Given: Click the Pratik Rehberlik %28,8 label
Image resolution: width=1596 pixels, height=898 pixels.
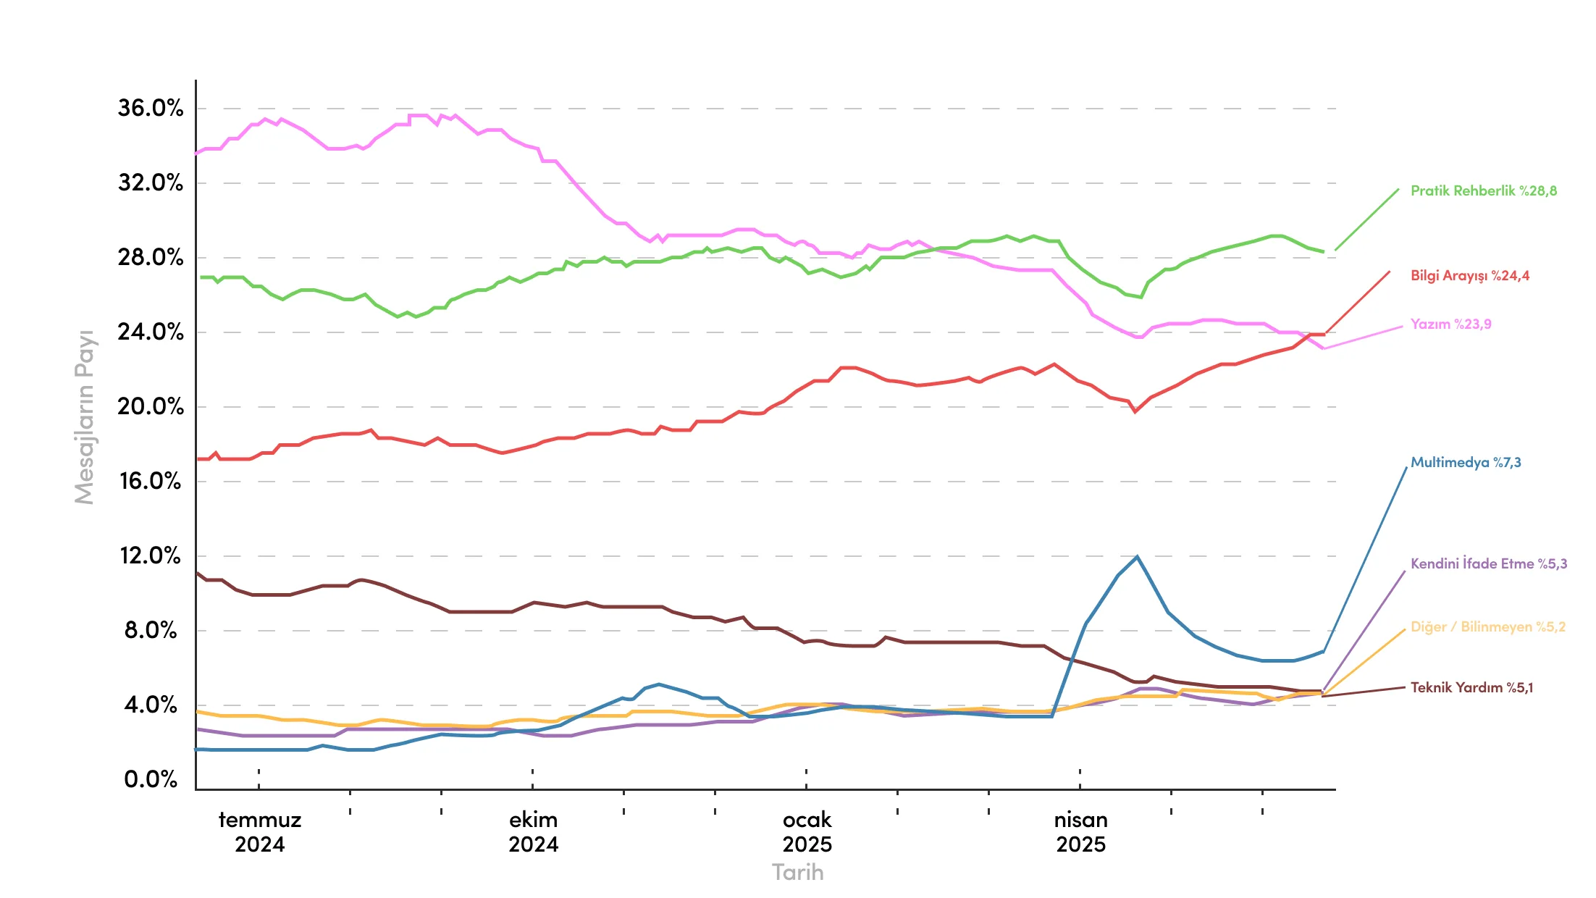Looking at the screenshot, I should [1483, 191].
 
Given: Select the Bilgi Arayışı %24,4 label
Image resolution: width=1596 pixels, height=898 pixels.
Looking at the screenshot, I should [1469, 276].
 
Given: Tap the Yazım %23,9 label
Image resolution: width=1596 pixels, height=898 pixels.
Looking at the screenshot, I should [1450, 324].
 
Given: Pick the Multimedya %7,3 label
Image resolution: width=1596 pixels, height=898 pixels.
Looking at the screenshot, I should [1466, 463].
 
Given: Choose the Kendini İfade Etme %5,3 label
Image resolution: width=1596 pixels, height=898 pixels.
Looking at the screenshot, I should [1488, 564].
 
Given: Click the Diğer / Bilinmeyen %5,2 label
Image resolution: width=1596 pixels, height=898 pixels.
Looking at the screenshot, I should [1487, 627].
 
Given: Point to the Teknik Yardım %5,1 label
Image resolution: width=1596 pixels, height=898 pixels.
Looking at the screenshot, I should [1471, 688].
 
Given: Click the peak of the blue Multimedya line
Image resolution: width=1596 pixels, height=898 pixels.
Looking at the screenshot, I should [1137, 557].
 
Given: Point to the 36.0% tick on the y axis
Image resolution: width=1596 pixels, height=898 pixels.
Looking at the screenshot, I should [151, 109].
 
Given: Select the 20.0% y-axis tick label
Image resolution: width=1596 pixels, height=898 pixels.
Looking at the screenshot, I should [151, 407].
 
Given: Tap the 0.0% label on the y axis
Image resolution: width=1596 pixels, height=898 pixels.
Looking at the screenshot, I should [151, 780].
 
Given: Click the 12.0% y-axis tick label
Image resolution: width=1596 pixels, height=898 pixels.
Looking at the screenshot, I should [151, 556].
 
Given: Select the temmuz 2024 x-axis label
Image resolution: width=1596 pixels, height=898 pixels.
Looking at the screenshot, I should [259, 832].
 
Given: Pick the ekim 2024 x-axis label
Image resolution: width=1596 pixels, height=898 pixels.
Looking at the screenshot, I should [533, 832].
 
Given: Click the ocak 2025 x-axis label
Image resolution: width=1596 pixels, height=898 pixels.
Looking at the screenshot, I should [807, 832].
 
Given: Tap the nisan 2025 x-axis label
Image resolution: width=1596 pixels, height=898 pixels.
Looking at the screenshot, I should [1080, 832].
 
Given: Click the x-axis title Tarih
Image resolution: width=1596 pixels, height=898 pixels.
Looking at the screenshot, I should [797, 873].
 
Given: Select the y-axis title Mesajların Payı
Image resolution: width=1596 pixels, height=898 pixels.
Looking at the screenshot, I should [85, 417].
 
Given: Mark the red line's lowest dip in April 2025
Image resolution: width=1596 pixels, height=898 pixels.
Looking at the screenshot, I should [1135, 411].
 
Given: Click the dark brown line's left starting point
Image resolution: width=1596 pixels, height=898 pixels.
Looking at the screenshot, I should [197, 573].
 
